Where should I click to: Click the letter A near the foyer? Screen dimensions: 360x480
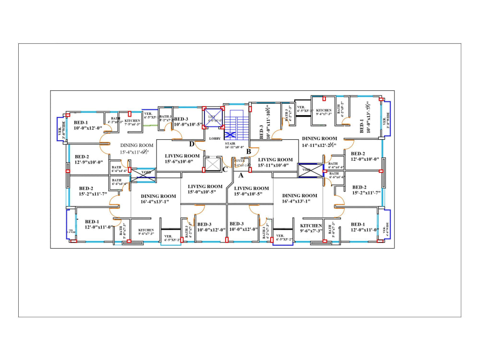point(241,175)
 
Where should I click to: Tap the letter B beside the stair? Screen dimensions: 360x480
point(249,152)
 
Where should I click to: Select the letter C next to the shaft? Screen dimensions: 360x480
point(225,168)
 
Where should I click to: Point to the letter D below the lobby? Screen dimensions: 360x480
point(192,144)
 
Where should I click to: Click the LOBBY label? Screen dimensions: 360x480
point(215,138)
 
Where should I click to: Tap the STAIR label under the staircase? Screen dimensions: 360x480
point(235,145)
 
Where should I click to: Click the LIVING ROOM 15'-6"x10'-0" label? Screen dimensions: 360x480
point(182,159)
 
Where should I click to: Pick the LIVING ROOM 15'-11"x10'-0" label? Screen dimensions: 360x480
point(275,162)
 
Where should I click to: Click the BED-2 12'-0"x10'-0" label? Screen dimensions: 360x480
point(365,156)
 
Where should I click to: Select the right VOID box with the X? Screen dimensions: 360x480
point(310,169)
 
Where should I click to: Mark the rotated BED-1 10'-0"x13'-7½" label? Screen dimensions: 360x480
point(365,120)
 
